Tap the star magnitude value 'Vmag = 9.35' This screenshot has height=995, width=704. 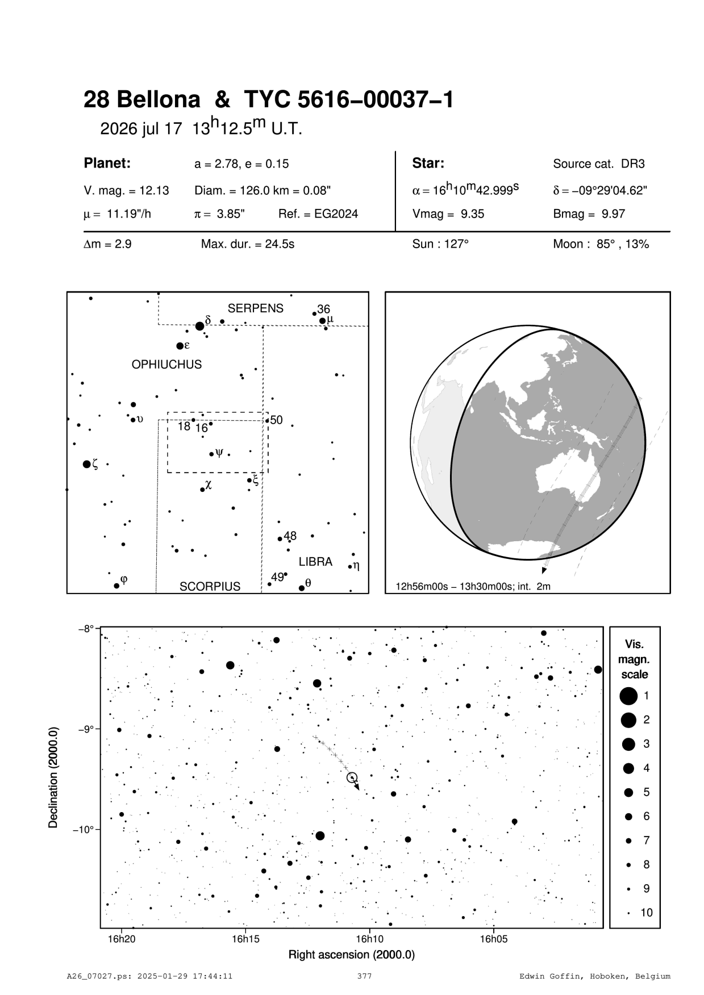[x=448, y=215]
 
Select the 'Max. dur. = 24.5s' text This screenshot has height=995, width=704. [x=247, y=245]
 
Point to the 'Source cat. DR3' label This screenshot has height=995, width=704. [x=598, y=164]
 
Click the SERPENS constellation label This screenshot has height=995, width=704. [x=255, y=308]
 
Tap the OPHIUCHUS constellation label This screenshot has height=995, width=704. [x=166, y=365]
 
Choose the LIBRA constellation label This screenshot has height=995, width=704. [x=315, y=562]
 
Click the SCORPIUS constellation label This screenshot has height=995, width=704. [x=210, y=587]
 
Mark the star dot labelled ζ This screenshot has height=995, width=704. [x=86, y=465]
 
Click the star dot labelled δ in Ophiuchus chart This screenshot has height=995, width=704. [x=199, y=326]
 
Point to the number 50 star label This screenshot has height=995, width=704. [x=276, y=420]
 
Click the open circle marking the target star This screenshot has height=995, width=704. [x=352, y=777]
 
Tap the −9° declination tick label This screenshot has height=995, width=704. [x=86, y=729]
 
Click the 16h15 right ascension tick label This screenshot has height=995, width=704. [x=245, y=939]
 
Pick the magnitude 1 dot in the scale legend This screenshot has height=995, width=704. [x=628, y=696]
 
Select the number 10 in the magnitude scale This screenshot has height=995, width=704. [x=647, y=913]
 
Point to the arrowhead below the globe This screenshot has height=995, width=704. [x=544, y=570]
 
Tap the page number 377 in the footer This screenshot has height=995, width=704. [x=364, y=976]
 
